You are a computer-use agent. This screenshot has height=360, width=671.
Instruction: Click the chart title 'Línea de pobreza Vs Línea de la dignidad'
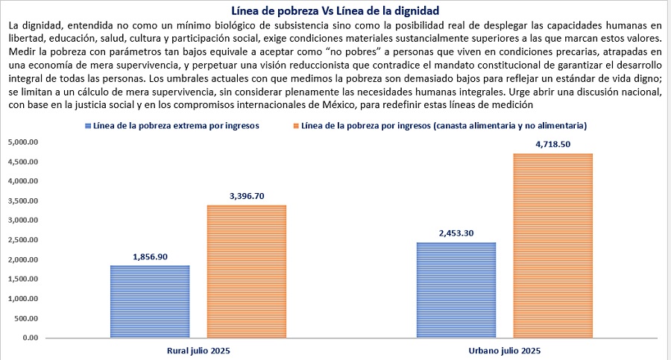335,10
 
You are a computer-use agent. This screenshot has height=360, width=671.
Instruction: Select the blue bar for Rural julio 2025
150,301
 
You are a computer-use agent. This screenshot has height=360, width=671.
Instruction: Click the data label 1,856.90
150,257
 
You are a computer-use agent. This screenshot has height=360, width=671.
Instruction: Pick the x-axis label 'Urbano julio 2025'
505,350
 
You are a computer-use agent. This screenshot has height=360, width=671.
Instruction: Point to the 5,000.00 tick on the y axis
22,142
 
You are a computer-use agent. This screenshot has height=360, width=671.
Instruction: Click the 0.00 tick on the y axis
31,338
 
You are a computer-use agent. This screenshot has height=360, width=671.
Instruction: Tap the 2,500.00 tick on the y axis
22,240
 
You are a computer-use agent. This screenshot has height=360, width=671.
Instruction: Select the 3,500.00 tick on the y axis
22,200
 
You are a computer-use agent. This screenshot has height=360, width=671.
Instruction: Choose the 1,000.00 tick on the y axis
22,298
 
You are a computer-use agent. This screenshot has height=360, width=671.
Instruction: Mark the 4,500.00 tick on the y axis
22,162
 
